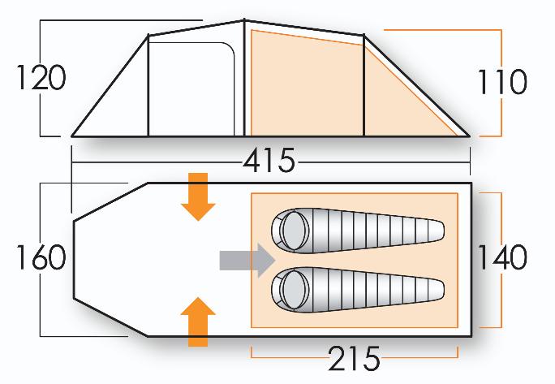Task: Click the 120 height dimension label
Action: [x=41, y=78]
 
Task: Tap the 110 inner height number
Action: [x=502, y=82]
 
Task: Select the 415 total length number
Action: [x=269, y=160]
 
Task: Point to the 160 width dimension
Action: [x=41, y=257]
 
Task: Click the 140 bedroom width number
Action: [x=502, y=257]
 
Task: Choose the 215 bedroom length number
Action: [x=355, y=358]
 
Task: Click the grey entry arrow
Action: [x=247, y=261]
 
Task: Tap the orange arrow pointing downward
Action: [x=198, y=197]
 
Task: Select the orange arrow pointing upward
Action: [x=198, y=321]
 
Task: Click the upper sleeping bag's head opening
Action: [x=294, y=231]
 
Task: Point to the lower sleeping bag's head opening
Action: [x=294, y=289]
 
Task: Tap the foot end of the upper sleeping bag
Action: [x=440, y=231]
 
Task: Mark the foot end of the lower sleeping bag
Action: [x=440, y=289]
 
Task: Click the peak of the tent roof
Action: [x=244, y=20]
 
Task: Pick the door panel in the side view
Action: [x=191, y=89]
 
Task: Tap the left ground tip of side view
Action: [x=72, y=136]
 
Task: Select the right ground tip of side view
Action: [x=470, y=136]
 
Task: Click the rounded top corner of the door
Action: [x=230, y=46]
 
